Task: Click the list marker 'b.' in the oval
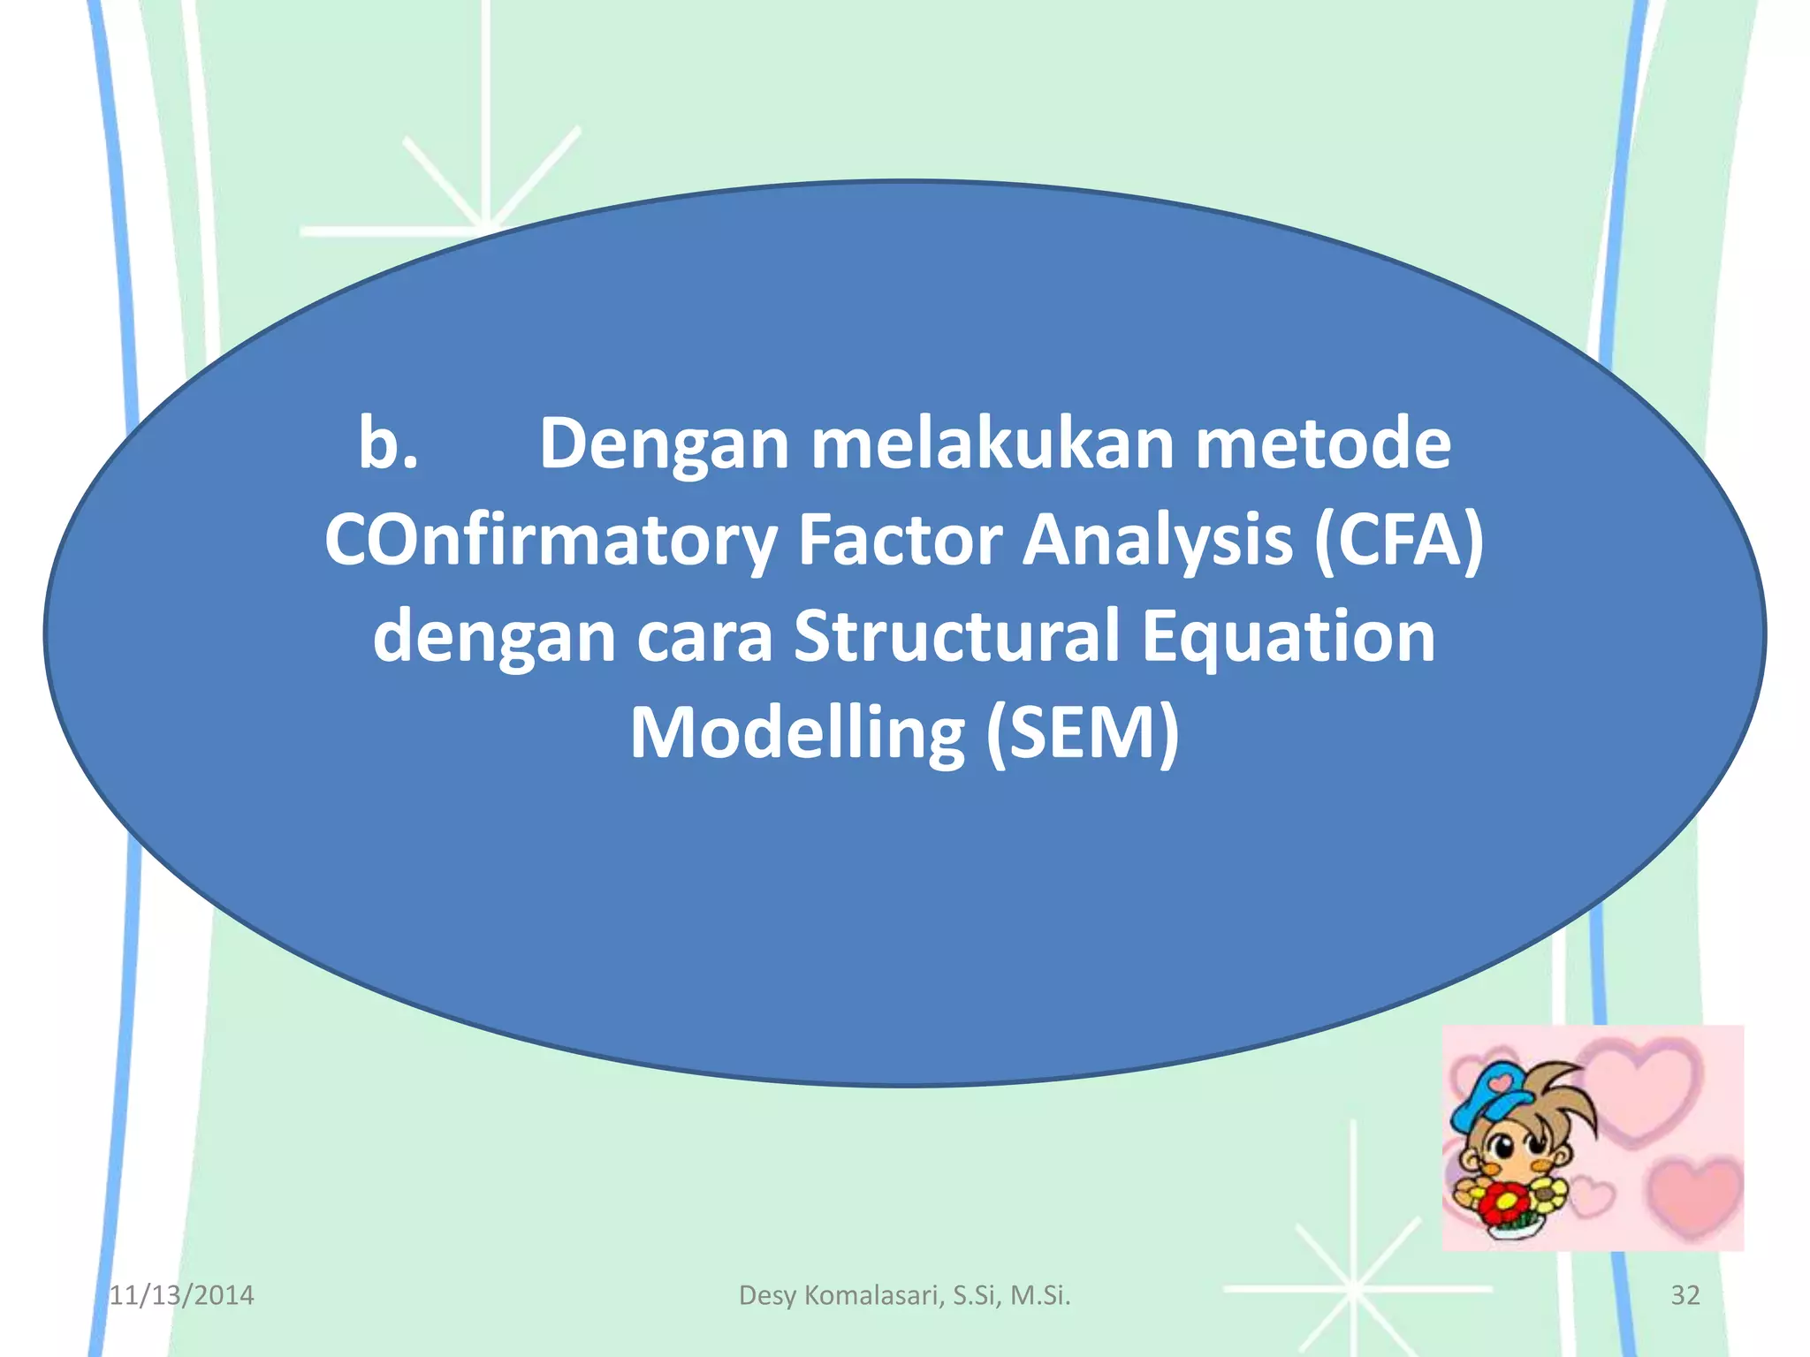pos(388,443)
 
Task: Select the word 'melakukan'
pos(992,443)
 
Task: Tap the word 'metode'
pos(1322,443)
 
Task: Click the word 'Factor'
pos(900,541)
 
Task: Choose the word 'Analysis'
pos(1158,541)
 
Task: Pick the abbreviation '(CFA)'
pos(1398,541)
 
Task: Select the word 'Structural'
pos(957,637)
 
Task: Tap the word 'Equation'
pos(1288,637)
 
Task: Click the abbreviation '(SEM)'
pos(1082,733)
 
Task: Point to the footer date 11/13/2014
pos(181,1295)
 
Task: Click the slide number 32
pos(1685,1295)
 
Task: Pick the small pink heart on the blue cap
pos(1499,1081)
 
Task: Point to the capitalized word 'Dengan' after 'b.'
pos(663,443)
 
